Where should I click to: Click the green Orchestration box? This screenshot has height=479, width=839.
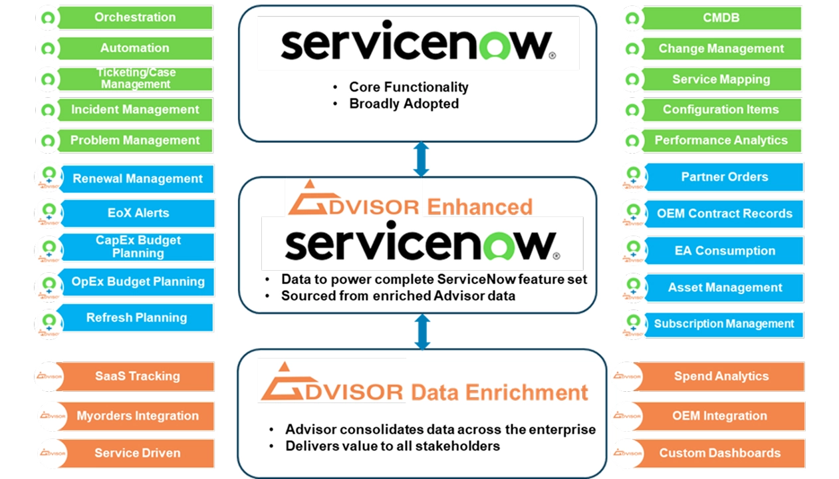tap(135, 17)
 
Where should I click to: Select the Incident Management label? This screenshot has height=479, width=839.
tap(135, 110)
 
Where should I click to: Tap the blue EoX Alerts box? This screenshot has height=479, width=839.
tap(138, 214)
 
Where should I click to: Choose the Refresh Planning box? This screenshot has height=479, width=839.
tap(136, 318)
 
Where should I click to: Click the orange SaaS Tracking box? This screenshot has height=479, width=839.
tap(138, 377)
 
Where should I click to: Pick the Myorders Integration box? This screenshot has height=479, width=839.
tap(138, 416)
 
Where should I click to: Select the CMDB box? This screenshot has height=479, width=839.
tap(721, 18)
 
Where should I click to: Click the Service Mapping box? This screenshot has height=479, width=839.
tap(721, 79)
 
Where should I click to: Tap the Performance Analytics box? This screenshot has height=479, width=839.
tap(721, 140)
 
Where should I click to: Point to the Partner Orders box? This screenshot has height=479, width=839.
tap(725, 177)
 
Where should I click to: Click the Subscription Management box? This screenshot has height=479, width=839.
tap(724, 324)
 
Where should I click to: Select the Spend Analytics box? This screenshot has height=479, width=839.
tap(721, 377)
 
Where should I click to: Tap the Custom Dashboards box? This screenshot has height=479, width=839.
tap(720, 453)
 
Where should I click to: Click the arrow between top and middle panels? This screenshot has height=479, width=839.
tap(421, 160)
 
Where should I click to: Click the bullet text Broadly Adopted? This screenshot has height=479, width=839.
tap(404, 104)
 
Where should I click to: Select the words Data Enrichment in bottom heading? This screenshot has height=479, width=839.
tap(499, 392)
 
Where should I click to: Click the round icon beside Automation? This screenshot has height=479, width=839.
tap(47, 49)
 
